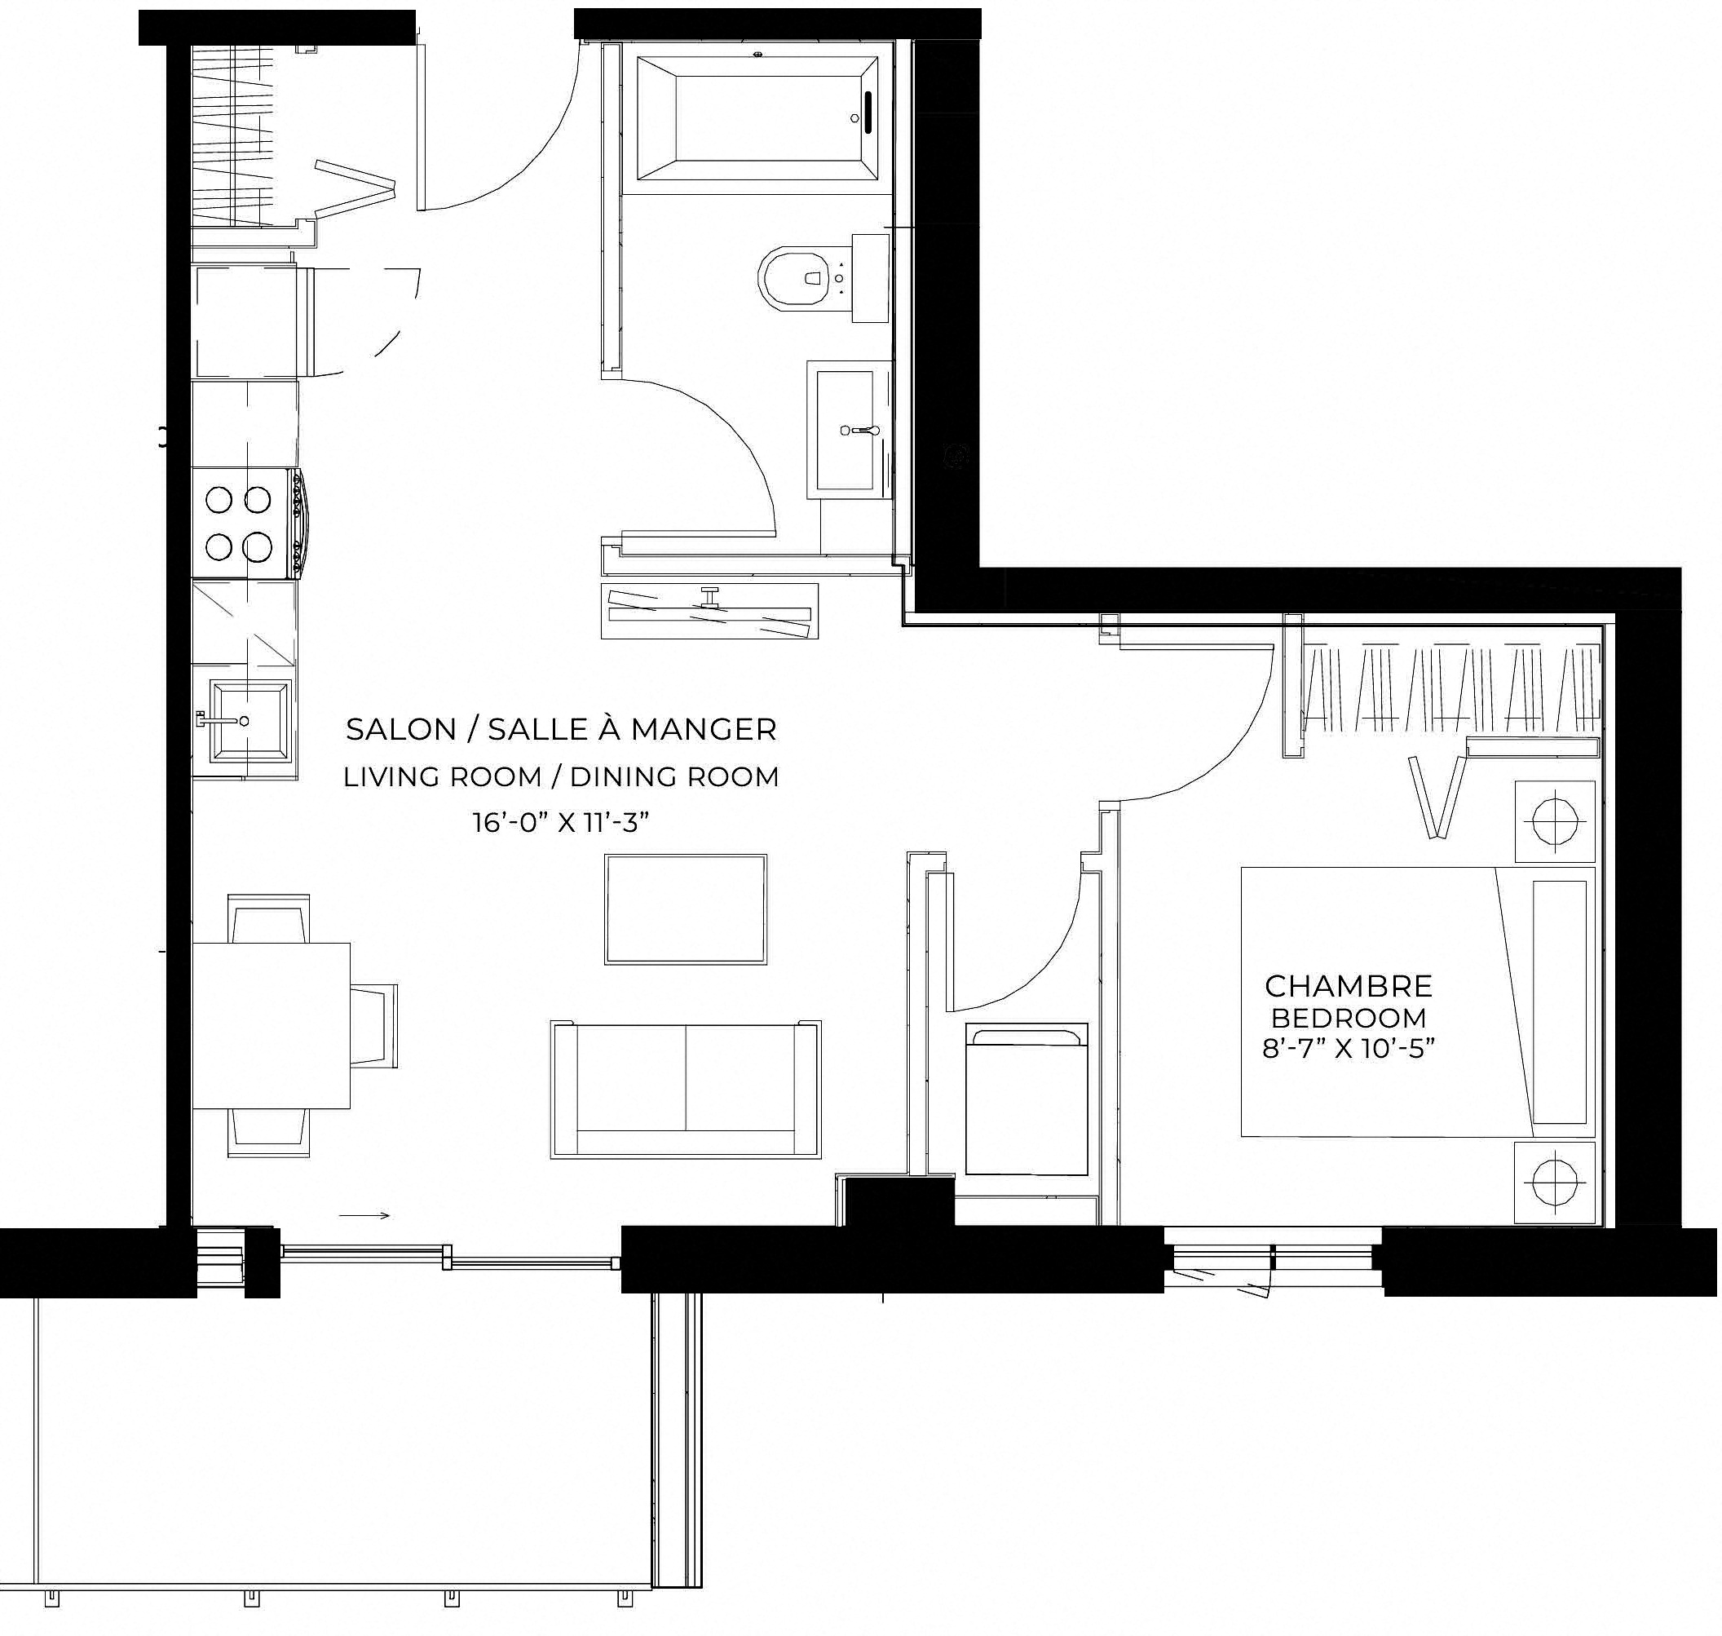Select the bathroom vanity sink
point(845,429)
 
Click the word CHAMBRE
point(1348,986)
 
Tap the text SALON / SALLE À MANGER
point(561,729)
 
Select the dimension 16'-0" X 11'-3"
point(562,821)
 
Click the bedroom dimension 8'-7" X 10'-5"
point(1348,1047)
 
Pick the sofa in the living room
point(686,1090)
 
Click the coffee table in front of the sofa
point(687,909)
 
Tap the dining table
point(272,1025)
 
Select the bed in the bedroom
point(1417,1002)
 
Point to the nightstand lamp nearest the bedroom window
point(1555,1183)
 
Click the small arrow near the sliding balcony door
point(364,1216)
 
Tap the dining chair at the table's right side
point(374,1025)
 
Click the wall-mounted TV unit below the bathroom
point(709,611)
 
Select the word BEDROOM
point(1348,1018)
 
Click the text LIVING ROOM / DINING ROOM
point(561,776)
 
